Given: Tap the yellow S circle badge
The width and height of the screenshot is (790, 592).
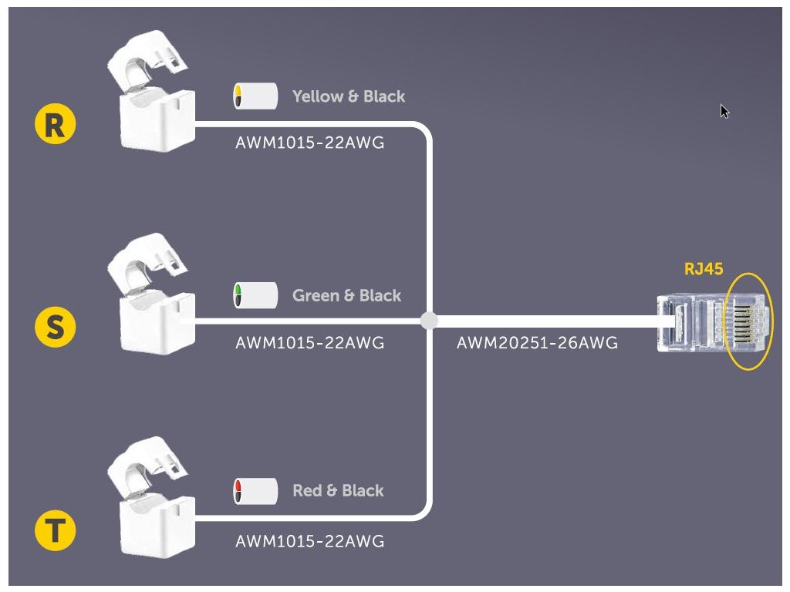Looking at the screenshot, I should tap(56, 328).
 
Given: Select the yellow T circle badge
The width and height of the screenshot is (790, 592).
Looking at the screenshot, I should tap(56, 531).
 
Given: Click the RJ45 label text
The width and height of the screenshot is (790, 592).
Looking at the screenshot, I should tap(704, 269).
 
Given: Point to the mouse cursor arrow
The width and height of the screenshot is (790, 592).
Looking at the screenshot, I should tap(724, 111).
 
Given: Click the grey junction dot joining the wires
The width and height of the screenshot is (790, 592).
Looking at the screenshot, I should tap(430, 320).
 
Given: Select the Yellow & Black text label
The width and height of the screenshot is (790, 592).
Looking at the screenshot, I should tap(348, 96).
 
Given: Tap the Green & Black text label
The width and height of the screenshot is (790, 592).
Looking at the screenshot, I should tap(346, 295).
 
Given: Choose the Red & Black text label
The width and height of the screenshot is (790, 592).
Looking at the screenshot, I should tap(338, 490).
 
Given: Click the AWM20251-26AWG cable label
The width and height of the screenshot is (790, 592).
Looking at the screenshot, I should tap(537, 343).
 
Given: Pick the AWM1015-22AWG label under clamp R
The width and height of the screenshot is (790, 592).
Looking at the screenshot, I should tap(309, 143).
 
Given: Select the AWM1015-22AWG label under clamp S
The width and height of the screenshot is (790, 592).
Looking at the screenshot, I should tap(309, 343).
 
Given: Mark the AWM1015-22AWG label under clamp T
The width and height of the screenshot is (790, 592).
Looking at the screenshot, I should tap(309, 542).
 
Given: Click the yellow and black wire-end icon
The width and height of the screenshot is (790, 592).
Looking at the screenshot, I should tap(255, 96).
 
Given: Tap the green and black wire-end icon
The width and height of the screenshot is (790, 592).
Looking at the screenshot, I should tap(255, 295).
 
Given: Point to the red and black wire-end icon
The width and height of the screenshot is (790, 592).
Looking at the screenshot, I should tap(255, 490).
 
